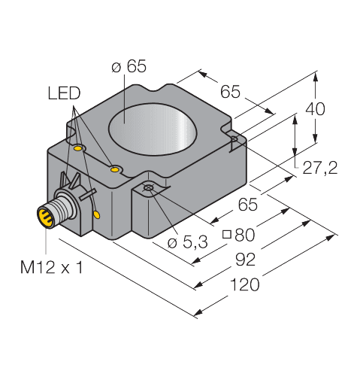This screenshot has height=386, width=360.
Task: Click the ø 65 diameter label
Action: [x=129, y=68]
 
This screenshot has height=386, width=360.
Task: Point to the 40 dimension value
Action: [x=316, y=109]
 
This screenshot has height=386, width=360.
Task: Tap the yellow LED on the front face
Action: [x=97, y=214]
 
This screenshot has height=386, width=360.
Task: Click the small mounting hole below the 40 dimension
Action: [x=235, y=138]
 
